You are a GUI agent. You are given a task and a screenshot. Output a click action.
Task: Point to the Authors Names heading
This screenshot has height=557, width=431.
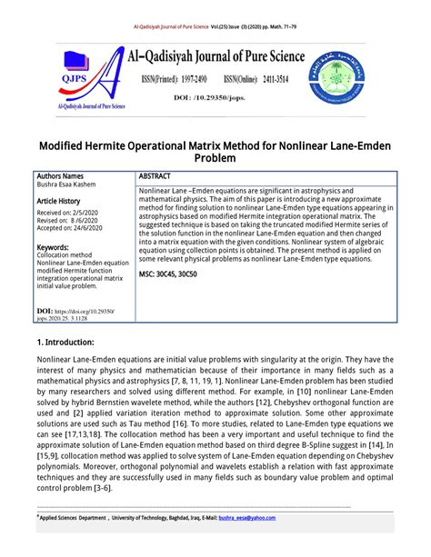(60, 175)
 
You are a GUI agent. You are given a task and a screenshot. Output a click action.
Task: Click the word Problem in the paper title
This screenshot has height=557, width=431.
(215, 158)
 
